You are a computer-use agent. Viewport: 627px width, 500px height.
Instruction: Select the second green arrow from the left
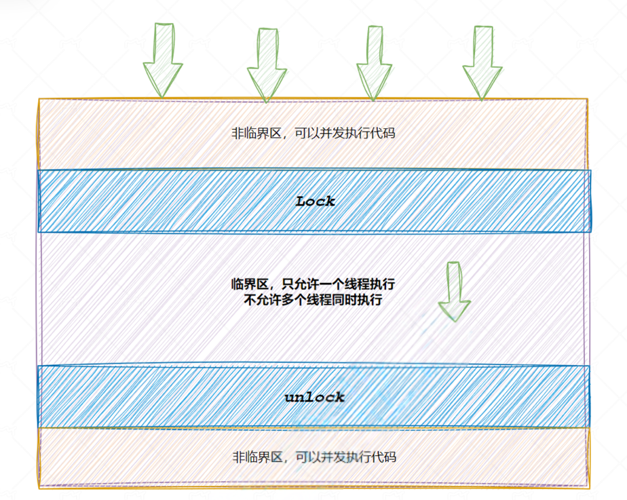click(x=267, y=64)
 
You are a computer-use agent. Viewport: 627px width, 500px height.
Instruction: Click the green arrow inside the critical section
click(x=454, y=292)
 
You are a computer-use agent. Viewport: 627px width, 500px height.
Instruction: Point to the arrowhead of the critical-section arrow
click(x=454, y=309)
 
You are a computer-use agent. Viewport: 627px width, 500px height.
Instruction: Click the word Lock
click(x=316, y=201)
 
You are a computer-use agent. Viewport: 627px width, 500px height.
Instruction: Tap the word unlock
click(x=314, y=398)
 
